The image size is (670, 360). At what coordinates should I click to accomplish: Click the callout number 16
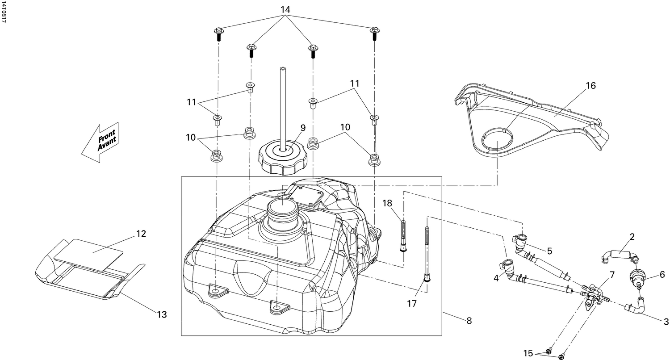590,86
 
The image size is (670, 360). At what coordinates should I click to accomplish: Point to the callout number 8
469,321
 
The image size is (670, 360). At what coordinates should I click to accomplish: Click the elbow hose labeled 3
636,307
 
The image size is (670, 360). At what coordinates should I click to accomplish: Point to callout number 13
162,315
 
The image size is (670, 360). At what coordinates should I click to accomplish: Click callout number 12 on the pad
141,234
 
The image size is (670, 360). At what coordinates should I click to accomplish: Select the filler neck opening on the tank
282,209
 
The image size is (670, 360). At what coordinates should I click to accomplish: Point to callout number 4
496,278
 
